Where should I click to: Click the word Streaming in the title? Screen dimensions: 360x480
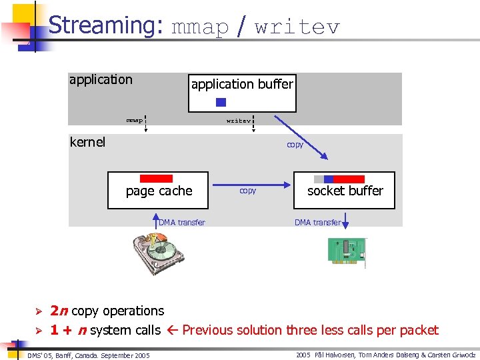pyautogui.click(x=105, y=25)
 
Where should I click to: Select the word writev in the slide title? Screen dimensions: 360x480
pyautogui.click(x=297, y=27)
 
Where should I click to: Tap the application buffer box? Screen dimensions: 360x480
pyautogui.click(x=242, y=93)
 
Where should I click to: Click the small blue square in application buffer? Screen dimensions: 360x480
pyautogui.click(x=221, y=103)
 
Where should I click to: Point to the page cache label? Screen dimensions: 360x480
pyautogui.click(x=159, y=191)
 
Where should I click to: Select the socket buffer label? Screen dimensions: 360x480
pyautogui.click(x=345, y=191)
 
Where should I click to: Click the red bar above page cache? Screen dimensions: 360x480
pyautogui.click(x=156, y=179)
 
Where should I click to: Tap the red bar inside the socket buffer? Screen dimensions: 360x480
pyautogui.click(x=349, y=179)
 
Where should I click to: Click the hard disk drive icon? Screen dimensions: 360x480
pyautogui.click(x=158, y=253)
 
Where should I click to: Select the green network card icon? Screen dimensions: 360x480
pyautogui.click(x=347, y=252)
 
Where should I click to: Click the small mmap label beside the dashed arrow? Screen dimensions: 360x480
pyautogui.click(x=134, y=121)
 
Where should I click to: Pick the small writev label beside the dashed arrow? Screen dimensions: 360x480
pyautogui.click(x=238, y=121)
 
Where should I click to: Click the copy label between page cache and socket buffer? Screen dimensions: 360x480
pyautogui.click(x=247, y=191)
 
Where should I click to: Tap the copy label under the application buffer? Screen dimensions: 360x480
pyautogui.click(x=295, y=145)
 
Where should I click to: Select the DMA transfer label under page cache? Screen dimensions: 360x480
pyautogui.click(x=182, y=223)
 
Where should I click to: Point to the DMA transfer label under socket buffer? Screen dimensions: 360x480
pyautogui.click(x=317, y=223)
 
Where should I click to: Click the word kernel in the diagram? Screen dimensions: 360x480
pyautogui.click(x=87, y=142)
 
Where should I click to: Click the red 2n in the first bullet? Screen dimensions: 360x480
pyautogui.click(x=59, y=311)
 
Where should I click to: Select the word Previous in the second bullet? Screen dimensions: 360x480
pyautogui.click(x=205, y=330)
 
